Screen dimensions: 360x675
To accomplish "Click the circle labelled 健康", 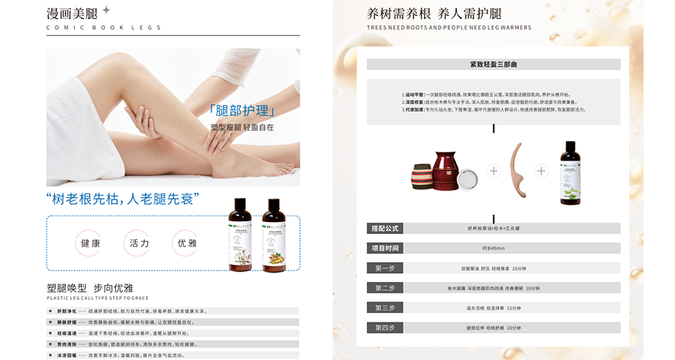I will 90,244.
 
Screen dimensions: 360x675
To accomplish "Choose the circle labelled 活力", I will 139,244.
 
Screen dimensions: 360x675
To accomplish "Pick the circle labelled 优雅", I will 187,244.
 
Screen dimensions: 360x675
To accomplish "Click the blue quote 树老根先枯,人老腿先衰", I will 123,199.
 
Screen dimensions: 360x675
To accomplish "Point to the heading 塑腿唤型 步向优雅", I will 90,288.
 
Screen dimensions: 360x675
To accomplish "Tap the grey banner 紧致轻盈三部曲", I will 493,64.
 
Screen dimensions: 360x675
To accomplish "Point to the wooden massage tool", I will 517,169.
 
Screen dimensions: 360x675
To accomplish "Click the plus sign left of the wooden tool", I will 493,171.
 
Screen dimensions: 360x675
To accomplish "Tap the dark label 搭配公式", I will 385,228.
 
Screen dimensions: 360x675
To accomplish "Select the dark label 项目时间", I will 385,248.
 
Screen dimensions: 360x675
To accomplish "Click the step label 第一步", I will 385,268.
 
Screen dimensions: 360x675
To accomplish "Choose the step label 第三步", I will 385,307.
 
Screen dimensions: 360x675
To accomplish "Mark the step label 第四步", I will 385,328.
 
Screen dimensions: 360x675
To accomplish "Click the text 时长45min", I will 493,248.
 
